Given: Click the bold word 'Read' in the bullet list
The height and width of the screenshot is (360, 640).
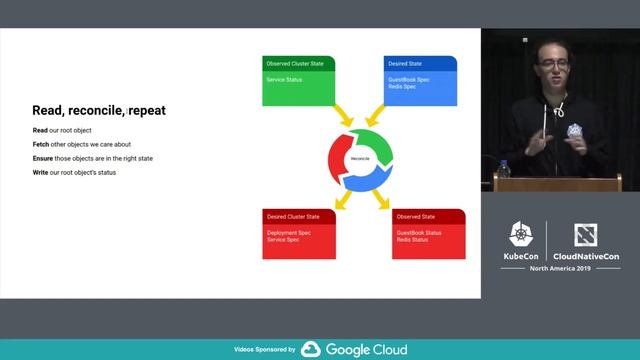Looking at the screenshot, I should [x=39, y=131].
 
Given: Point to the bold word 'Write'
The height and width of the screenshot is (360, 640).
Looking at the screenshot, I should [x=40, y=173].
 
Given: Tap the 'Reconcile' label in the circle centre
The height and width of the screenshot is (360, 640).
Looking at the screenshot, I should [x=361, y=160].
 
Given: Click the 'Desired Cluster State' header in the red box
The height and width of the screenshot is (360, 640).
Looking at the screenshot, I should [x=292, y=216].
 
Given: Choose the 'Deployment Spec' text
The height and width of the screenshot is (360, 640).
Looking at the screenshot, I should [x=287, y=233].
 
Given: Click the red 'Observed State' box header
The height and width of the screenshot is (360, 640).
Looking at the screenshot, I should [x=413, y=216].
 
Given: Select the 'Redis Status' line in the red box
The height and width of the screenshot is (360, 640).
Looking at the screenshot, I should [x=411, y=241].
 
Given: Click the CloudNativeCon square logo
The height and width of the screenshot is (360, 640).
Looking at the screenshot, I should [x=585, y=236].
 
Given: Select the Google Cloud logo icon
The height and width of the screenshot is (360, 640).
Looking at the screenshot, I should [x=310, y=350].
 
